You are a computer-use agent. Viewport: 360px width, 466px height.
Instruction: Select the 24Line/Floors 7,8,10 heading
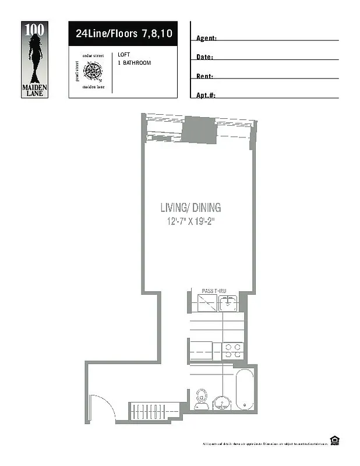point(123,34)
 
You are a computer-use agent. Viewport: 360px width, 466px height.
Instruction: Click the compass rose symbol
point(93,71)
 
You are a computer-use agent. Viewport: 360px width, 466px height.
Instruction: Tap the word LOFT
point(123,55)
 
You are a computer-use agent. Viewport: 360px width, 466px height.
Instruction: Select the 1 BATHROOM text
point(134,62)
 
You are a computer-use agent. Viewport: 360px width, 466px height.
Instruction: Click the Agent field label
point(206,38)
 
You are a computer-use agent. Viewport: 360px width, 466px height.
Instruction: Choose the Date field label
point(204,57)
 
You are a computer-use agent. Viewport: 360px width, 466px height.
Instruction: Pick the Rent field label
point(204,76)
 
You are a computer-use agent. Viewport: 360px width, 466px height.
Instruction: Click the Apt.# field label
point(206,95)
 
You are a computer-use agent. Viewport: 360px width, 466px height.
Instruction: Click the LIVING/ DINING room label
point(190,207)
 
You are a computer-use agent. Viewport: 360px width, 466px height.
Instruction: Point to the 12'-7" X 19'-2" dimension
point(192,221)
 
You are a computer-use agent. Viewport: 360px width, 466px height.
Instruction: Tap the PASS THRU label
point(213,290)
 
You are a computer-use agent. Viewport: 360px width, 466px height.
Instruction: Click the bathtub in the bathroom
point(244,389)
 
